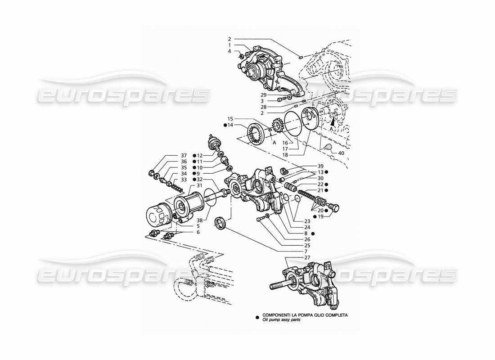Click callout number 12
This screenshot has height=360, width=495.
(200, 155)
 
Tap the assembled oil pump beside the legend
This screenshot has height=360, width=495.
(306, 281)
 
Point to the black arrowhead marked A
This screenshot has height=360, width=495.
(333, 120)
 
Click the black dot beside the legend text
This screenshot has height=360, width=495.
(257, 315)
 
